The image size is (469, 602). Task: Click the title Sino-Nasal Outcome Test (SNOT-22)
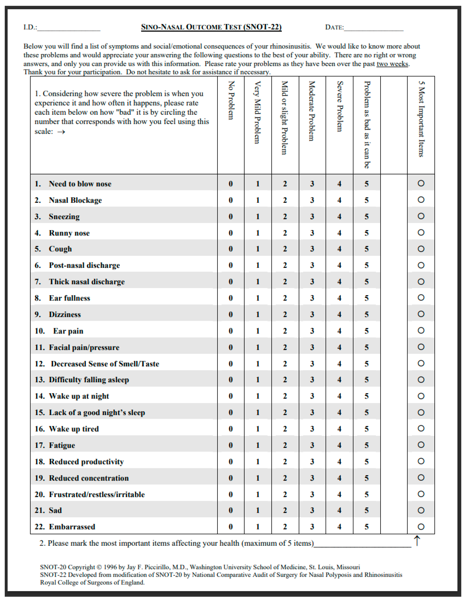(211, 27)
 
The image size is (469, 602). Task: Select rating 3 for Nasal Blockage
(312, 200)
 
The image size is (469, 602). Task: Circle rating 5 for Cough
(366, 249)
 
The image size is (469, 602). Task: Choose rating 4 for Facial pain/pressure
(339, 347)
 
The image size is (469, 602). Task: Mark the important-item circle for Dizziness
(421, 314)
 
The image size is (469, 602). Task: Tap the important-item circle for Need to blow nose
(421, 183)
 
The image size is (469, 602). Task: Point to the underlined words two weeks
(392, 64)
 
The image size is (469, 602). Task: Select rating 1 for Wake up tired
(257, 429)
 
